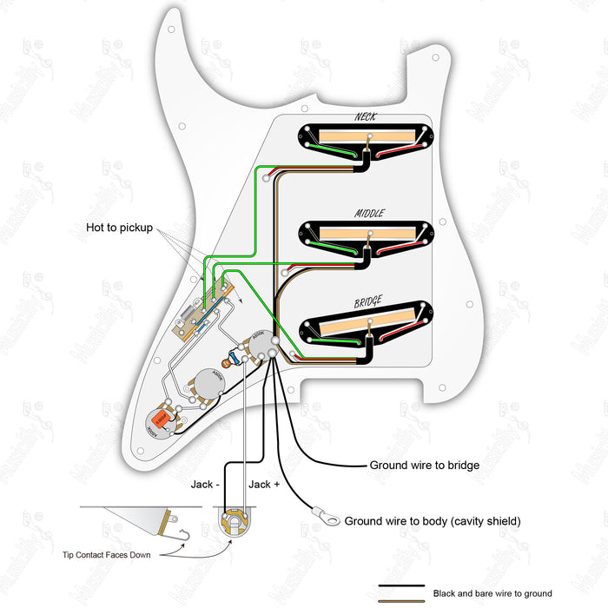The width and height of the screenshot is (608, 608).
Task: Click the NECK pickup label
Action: point(366,116)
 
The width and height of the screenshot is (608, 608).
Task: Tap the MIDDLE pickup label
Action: point(368,212)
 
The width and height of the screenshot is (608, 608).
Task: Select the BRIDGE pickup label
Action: point(370,303)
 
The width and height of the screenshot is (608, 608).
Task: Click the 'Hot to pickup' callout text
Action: point(119,228)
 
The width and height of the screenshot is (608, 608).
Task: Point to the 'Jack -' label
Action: point(206,484)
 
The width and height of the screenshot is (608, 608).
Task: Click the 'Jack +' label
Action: point(264,484)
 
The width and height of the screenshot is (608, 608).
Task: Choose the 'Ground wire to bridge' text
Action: point(425,466)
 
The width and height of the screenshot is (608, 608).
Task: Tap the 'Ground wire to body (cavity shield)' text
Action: point(433,521)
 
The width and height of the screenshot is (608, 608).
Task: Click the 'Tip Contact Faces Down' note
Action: point(113,554)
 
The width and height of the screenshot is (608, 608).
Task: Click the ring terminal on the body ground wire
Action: point(330,520)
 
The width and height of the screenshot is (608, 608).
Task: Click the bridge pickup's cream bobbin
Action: point(366,327)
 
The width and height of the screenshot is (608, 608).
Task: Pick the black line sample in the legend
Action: point(401,586)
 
